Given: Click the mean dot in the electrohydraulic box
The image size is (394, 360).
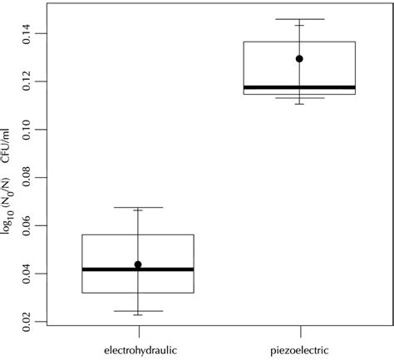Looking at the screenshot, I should point(138,264).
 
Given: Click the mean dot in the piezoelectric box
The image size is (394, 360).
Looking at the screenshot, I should point(299,59).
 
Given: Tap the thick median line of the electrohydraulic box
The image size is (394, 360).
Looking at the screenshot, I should point(138,269).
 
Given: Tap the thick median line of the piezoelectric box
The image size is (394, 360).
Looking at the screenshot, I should point(299,87).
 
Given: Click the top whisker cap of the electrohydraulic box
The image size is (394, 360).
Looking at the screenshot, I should point(138,207).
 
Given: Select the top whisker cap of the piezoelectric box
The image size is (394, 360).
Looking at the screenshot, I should point(299,19).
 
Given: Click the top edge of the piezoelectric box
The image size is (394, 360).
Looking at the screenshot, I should point(299,42).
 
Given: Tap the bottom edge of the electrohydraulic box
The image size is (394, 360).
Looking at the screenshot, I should point(138,293).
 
